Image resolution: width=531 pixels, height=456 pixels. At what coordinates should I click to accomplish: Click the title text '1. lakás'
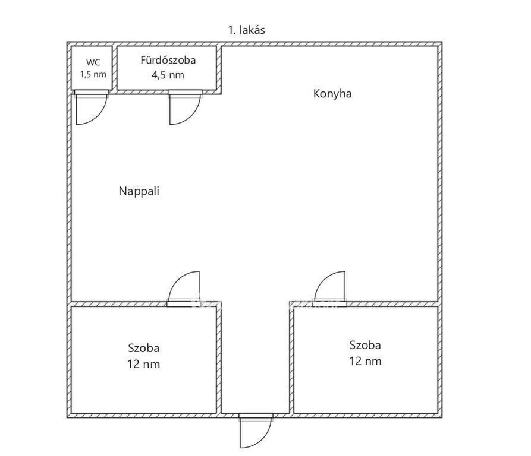(246, 30)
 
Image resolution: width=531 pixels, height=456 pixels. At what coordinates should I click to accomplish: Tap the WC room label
(93, 62)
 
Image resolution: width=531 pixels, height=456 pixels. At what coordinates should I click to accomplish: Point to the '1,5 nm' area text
(93, 74)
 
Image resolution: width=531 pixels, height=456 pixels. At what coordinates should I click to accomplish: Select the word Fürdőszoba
(168, 60)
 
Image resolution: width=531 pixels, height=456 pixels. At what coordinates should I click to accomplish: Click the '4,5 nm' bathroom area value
(168, 75)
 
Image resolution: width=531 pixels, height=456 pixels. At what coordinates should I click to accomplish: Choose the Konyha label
(332, 94)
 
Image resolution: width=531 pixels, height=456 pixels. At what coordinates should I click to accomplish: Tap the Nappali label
(139, 191)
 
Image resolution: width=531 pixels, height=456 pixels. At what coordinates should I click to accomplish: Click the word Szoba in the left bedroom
(143, 348)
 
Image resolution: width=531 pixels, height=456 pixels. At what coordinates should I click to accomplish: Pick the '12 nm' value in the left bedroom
(143, 364)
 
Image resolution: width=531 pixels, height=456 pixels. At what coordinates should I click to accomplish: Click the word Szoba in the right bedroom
(365, 345)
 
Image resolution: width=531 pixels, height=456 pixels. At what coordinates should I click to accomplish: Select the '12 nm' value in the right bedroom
(366, 361)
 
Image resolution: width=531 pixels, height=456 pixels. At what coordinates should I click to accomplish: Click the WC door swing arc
(99, 116)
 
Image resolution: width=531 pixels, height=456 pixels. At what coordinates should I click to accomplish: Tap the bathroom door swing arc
(192, 116)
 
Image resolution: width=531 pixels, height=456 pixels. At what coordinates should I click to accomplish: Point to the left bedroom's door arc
(177, 280)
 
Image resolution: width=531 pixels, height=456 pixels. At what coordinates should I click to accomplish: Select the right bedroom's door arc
(323, 280)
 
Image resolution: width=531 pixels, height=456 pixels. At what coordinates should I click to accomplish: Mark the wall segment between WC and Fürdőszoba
(114, 68)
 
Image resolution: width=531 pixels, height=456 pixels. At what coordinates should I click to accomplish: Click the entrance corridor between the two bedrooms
(255, 358)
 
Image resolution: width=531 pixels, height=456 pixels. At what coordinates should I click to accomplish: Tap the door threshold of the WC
(92, 92)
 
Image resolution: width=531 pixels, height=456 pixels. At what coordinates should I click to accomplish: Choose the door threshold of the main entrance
(256, 416)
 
